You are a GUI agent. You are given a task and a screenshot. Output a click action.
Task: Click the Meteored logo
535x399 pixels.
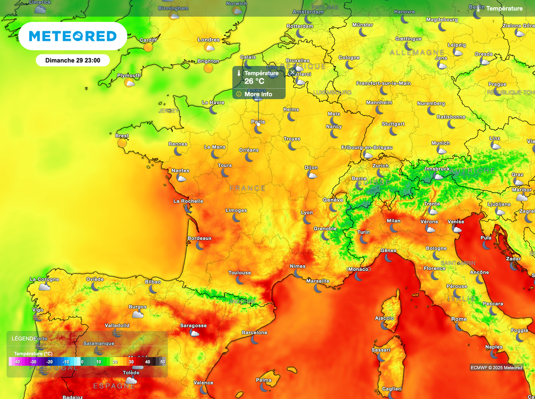coord(72,36)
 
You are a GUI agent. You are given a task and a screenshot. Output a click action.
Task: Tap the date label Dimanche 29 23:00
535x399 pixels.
coord(73,60)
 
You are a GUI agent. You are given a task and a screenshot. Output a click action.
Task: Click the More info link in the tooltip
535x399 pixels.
coord(258,94)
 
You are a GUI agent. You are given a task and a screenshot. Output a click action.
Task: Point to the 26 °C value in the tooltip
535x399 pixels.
coord(254,81)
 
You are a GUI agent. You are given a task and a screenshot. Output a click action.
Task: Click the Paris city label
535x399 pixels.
coord(258,122)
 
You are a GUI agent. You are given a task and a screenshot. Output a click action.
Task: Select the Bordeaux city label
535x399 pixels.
coord(200,238)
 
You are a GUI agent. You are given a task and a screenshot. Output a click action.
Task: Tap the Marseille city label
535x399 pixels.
coord(318,281)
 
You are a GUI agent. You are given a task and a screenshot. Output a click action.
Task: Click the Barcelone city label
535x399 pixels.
coord(254,333)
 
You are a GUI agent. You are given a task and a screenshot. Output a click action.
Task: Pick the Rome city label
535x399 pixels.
coord(459,319)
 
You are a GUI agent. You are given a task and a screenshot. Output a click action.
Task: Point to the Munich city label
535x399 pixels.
coord(440,143)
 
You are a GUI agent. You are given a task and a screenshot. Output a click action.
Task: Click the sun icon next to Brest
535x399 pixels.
coord(122,143)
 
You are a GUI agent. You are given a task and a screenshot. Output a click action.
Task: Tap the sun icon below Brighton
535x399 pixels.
coord(208,68)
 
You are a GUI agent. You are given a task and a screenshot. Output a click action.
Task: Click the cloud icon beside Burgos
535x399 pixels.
coord(138,314)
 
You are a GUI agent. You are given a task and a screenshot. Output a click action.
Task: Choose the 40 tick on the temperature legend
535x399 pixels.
coord(148,361)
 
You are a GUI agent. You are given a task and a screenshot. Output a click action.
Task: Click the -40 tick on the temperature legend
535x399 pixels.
coord(17,361)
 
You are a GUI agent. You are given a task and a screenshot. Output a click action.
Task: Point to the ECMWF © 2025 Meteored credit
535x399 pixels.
coord(496,368)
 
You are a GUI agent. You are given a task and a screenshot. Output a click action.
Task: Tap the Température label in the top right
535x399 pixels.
coord(504,8)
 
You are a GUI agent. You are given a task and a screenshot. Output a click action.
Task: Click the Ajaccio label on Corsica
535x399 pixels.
coord(385,318)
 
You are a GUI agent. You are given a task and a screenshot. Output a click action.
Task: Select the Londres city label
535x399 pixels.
coord(208,40)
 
